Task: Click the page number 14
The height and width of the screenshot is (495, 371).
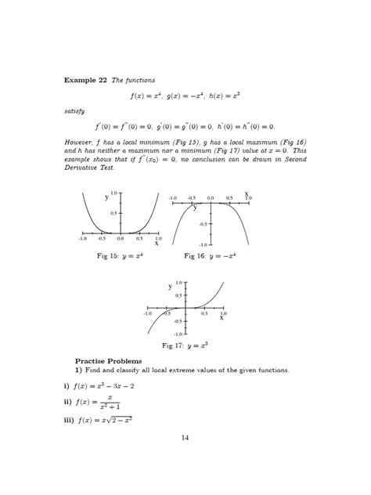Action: pyautogui.click(x=185, y=438)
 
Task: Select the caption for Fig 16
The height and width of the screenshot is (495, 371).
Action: pyautogui.click(x=210, y=255)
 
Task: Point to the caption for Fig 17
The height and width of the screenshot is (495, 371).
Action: pyautogui.click(x=185, y=345)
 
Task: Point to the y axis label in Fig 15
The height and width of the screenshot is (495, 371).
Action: pyautogui.click(x=106, y=197)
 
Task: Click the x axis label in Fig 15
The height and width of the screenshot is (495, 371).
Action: pyautogui.click(x=157, y=243)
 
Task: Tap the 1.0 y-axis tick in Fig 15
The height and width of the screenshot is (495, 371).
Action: pyautogui.click(x=113, y=193)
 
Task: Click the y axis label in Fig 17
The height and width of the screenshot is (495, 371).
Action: pyautogui.click(x=169, y=287)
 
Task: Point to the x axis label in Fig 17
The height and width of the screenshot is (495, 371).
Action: pyautogui.click(x=222, y=318)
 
